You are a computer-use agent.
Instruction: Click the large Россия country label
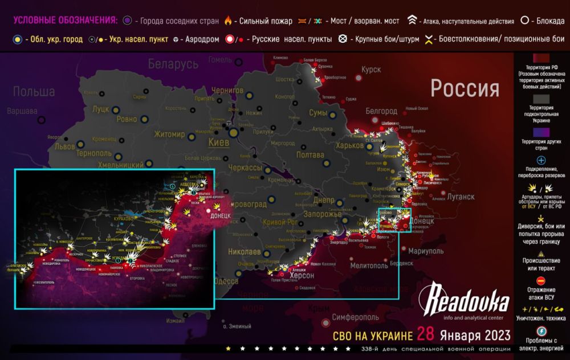465,89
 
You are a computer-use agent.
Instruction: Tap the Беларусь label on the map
173,64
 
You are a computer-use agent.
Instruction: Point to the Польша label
34,92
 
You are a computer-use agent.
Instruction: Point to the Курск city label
371,69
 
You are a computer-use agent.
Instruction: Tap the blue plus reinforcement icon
541,161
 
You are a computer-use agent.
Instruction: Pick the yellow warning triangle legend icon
541,254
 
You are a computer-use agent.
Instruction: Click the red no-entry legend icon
541,281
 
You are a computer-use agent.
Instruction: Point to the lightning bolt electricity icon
541,330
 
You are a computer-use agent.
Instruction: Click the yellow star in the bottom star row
229,348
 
